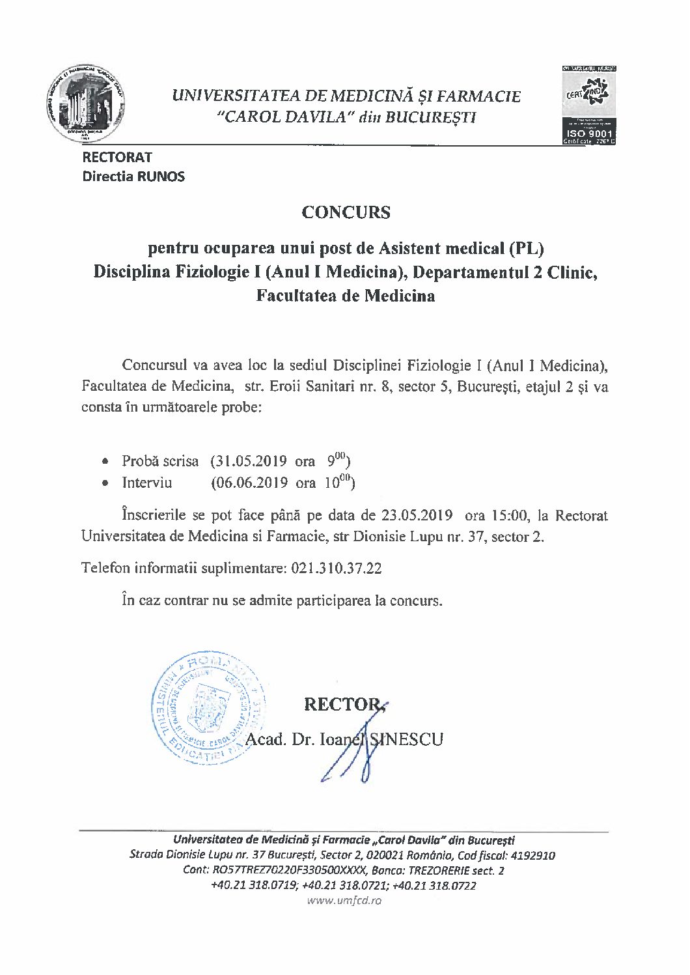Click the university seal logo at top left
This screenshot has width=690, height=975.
click(x=86, y=105)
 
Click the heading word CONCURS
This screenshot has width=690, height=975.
click(x=346, y=212)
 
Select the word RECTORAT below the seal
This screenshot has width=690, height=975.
click(x=117, y=157)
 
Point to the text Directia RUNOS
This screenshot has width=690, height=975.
click(x=133, y=176)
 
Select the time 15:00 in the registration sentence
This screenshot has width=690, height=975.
click(x=508, y=515)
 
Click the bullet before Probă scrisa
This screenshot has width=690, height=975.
click(x=105, y=462)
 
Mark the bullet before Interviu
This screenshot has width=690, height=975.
click(x=105, y=483)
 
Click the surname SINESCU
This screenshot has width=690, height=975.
click(x=407, y=739)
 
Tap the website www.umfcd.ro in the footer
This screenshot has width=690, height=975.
click(x=345, y=901)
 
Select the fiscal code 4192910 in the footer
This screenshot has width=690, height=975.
click(x=532, y=855)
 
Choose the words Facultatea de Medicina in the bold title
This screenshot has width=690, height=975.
click(x=345, y=295)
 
